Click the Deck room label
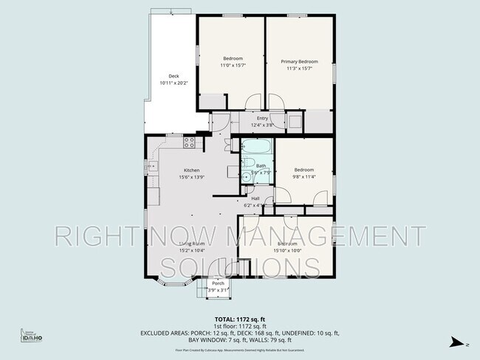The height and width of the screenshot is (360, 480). (174, 76)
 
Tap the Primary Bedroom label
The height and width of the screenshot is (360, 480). (299, 61)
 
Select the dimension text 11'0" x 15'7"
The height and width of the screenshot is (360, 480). (232, 66)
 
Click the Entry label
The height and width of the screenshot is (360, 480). (262, 118)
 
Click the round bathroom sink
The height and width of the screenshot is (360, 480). (245, 176)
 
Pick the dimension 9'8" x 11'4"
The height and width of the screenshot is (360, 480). (304, 176)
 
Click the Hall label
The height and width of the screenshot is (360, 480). (255, 198)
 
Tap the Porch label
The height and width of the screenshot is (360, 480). (218, 283)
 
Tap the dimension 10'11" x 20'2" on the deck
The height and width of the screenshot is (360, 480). (174, 83)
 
